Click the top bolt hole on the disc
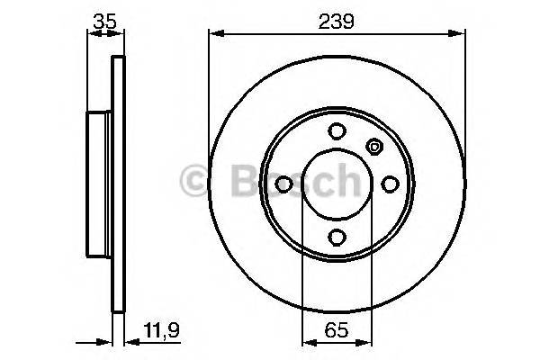(337, 130)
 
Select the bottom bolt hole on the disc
(337, 237)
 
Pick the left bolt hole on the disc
(283, 184)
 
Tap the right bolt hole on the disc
(390, 184)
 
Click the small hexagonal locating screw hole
(374, 146)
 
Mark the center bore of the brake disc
(337, 184)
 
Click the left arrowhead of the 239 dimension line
(214, 34)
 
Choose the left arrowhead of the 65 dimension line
(306, 343)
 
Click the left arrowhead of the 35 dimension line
(90, 34)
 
